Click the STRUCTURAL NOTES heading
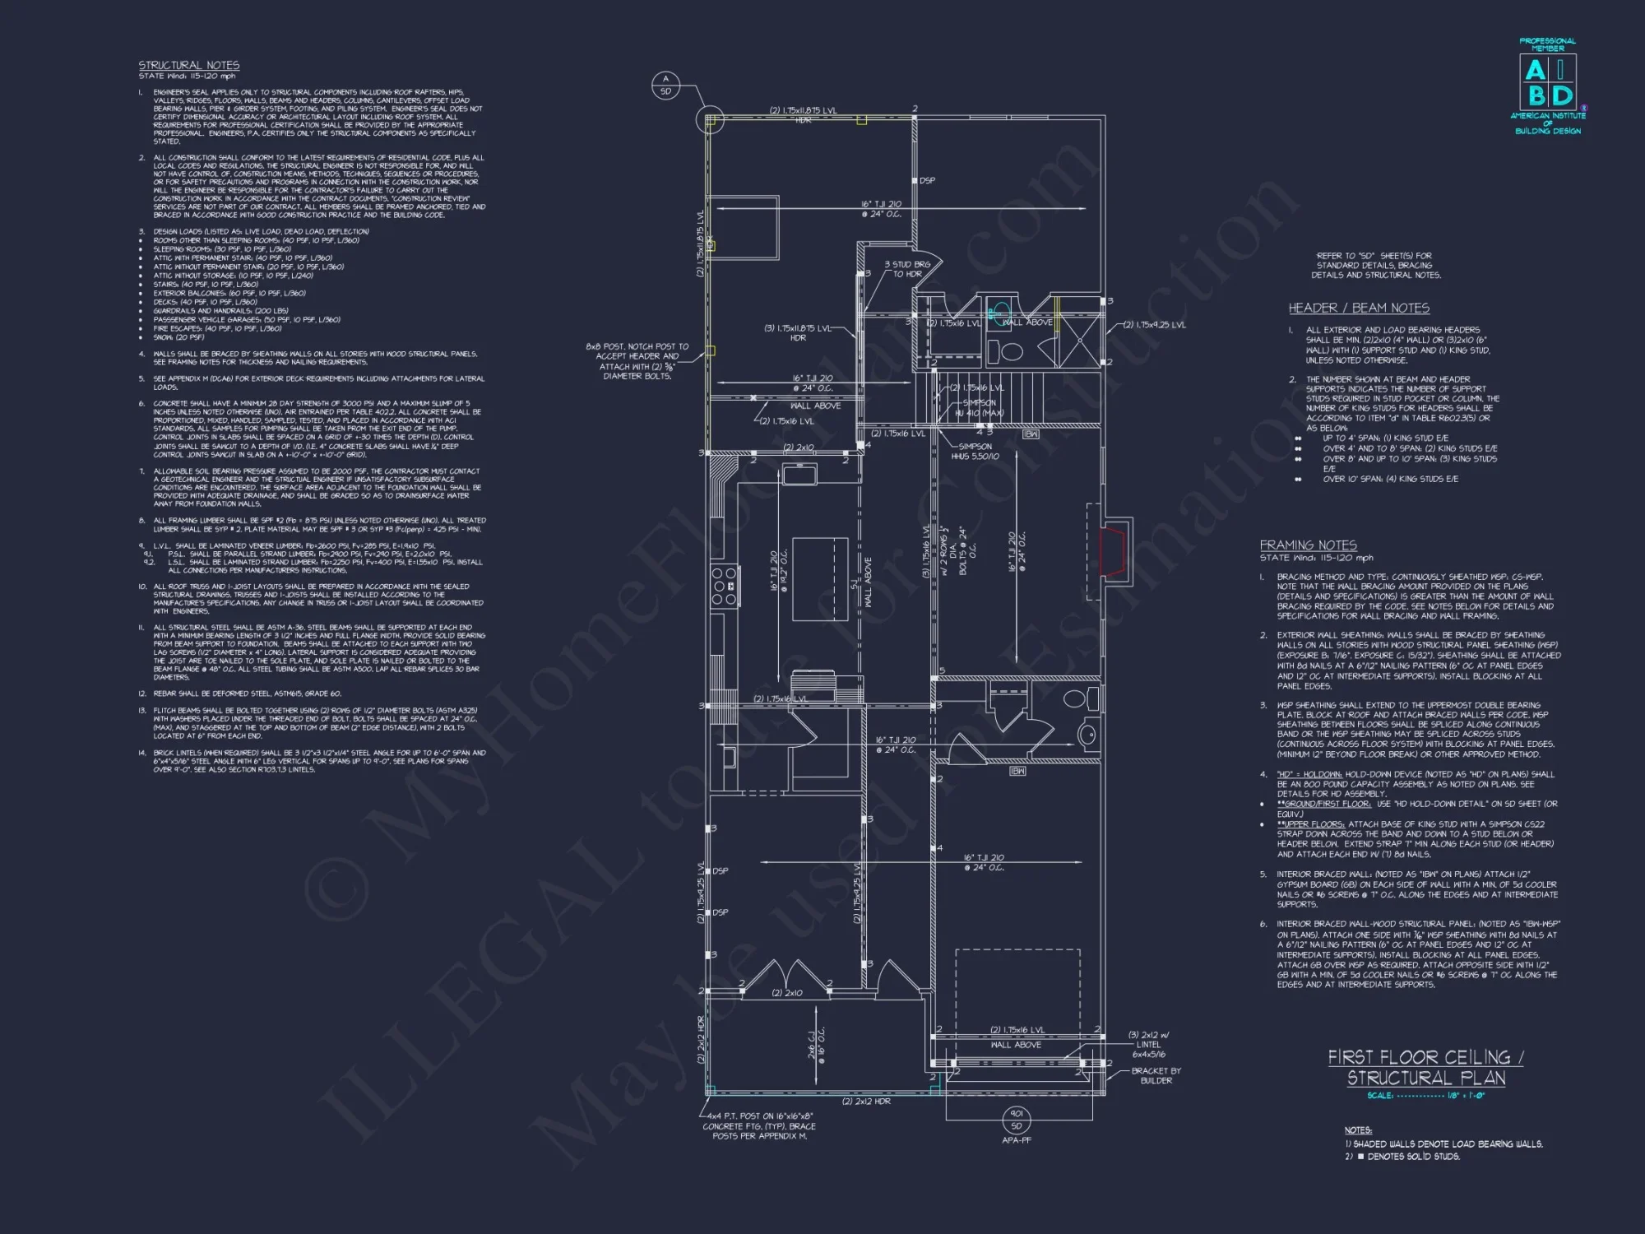(x=188, y=65)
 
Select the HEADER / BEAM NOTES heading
(x=1359, y=308)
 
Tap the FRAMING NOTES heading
(x=1308, y=545)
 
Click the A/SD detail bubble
(x=665, y=85)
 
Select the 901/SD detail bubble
(x=1017, y=1119)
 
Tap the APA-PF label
(x=1017, y=1140)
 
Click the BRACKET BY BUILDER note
(x=1156, y=1075)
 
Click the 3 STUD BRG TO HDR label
(x=907, y=269)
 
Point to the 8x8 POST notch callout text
(x=637, y=361)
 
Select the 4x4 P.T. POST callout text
(x=758, y=1126)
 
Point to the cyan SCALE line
(x=1426, y=1096)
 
